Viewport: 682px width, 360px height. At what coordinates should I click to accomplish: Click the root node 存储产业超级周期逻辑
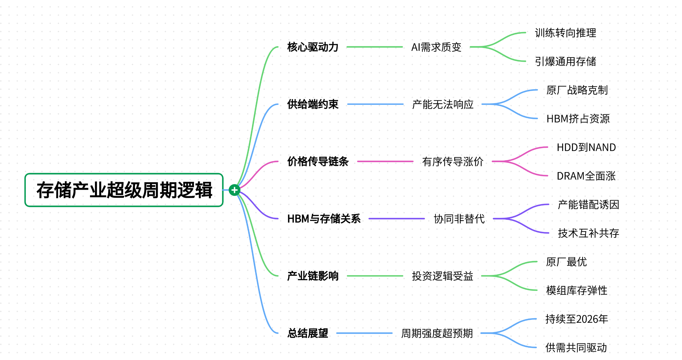[x=124, y=190]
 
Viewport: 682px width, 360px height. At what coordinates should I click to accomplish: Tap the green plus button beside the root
[x=234, y=190]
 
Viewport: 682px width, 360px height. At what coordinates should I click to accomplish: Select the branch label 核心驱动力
[x=313, y=47]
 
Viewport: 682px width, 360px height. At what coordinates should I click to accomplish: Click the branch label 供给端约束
[x=313, y=104]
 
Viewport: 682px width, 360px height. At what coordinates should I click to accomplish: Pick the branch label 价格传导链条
[x=318, y=161]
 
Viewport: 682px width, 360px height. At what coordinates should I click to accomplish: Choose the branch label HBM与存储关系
[x=324, y=219]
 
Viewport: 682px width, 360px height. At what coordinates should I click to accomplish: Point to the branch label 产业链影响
[x=313, y=276]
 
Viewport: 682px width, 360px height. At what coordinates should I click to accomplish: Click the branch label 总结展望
[x=308, y=333]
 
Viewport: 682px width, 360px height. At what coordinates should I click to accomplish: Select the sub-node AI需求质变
[x=436, y=47]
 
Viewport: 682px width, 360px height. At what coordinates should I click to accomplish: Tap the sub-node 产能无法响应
[x=443, y=104]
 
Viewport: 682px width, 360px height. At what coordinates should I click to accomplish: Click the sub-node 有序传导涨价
[x=453, y=161]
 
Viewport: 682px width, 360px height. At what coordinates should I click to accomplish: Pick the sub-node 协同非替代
[x=459, y=219]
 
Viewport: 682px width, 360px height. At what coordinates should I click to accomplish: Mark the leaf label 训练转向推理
[x=565, y=33]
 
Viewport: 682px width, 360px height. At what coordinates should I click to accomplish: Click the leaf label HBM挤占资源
[x=578, y=119]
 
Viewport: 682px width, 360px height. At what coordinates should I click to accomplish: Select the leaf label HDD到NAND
[x=586, y=147]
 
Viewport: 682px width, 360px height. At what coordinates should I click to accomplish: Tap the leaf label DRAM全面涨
[x=586, y=176]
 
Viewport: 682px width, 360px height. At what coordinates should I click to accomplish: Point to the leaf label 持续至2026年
[x=577, y=319]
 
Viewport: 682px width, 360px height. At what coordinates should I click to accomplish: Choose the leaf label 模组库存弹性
[x=577, y=290]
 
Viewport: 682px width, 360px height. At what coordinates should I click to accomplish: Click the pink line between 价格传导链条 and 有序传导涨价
[x=385, y=161]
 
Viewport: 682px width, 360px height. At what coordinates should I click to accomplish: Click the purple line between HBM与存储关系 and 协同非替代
[x=397, y=219]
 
